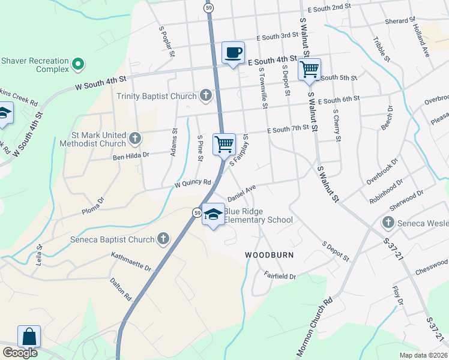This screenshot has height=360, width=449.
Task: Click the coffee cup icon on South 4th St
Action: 233,52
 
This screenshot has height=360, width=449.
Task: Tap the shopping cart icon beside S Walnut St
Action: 309,69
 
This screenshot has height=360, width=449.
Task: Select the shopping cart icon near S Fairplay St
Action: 224,143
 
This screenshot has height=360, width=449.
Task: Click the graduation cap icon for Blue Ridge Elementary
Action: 213,215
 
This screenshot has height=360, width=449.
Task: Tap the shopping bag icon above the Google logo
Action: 29,337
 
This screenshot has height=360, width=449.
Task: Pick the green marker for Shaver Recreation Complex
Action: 77,63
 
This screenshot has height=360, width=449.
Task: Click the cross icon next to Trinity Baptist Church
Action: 206,95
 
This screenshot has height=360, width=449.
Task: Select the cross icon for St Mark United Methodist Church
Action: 135,139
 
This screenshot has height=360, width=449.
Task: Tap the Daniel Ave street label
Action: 242,193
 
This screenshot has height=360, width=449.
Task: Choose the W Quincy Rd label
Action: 193,183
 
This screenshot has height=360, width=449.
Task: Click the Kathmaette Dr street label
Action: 131,261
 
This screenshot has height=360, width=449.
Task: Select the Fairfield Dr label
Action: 280,275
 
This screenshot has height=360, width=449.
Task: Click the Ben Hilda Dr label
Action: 131,155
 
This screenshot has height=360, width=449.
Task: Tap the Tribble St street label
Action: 381,49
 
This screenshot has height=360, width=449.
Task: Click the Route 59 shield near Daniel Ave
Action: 197,212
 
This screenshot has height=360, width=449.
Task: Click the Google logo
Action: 20,353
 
